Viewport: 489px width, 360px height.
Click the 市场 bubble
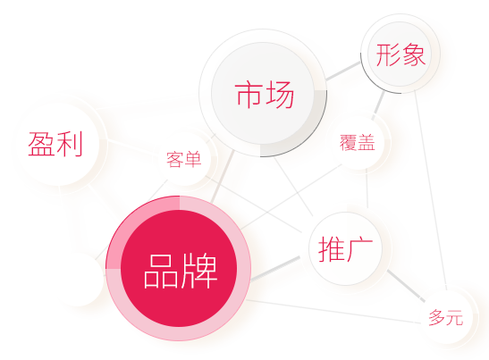[x=263, y=93]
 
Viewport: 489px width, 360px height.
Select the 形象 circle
[x=400, y=54]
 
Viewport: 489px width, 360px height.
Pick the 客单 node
[x=184, y=159]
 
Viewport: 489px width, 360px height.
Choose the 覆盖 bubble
[x=358, y=142]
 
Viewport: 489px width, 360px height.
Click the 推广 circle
[x=346, y=248]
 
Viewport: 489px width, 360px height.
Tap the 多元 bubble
[x=446, y=318]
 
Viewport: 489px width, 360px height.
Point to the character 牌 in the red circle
[x=199, y=271]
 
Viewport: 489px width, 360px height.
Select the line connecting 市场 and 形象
[x=343, y=71]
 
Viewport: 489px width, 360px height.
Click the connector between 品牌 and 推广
[x=275, y=269]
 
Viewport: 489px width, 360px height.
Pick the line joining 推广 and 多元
[x=406, y=286]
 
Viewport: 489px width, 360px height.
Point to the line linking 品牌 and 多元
[x=333, y=312]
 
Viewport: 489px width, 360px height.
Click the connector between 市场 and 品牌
[x=223, y=177]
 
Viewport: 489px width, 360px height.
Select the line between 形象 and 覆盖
[x=377, y=105]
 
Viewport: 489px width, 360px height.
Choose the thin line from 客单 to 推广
[x=254, y=205]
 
